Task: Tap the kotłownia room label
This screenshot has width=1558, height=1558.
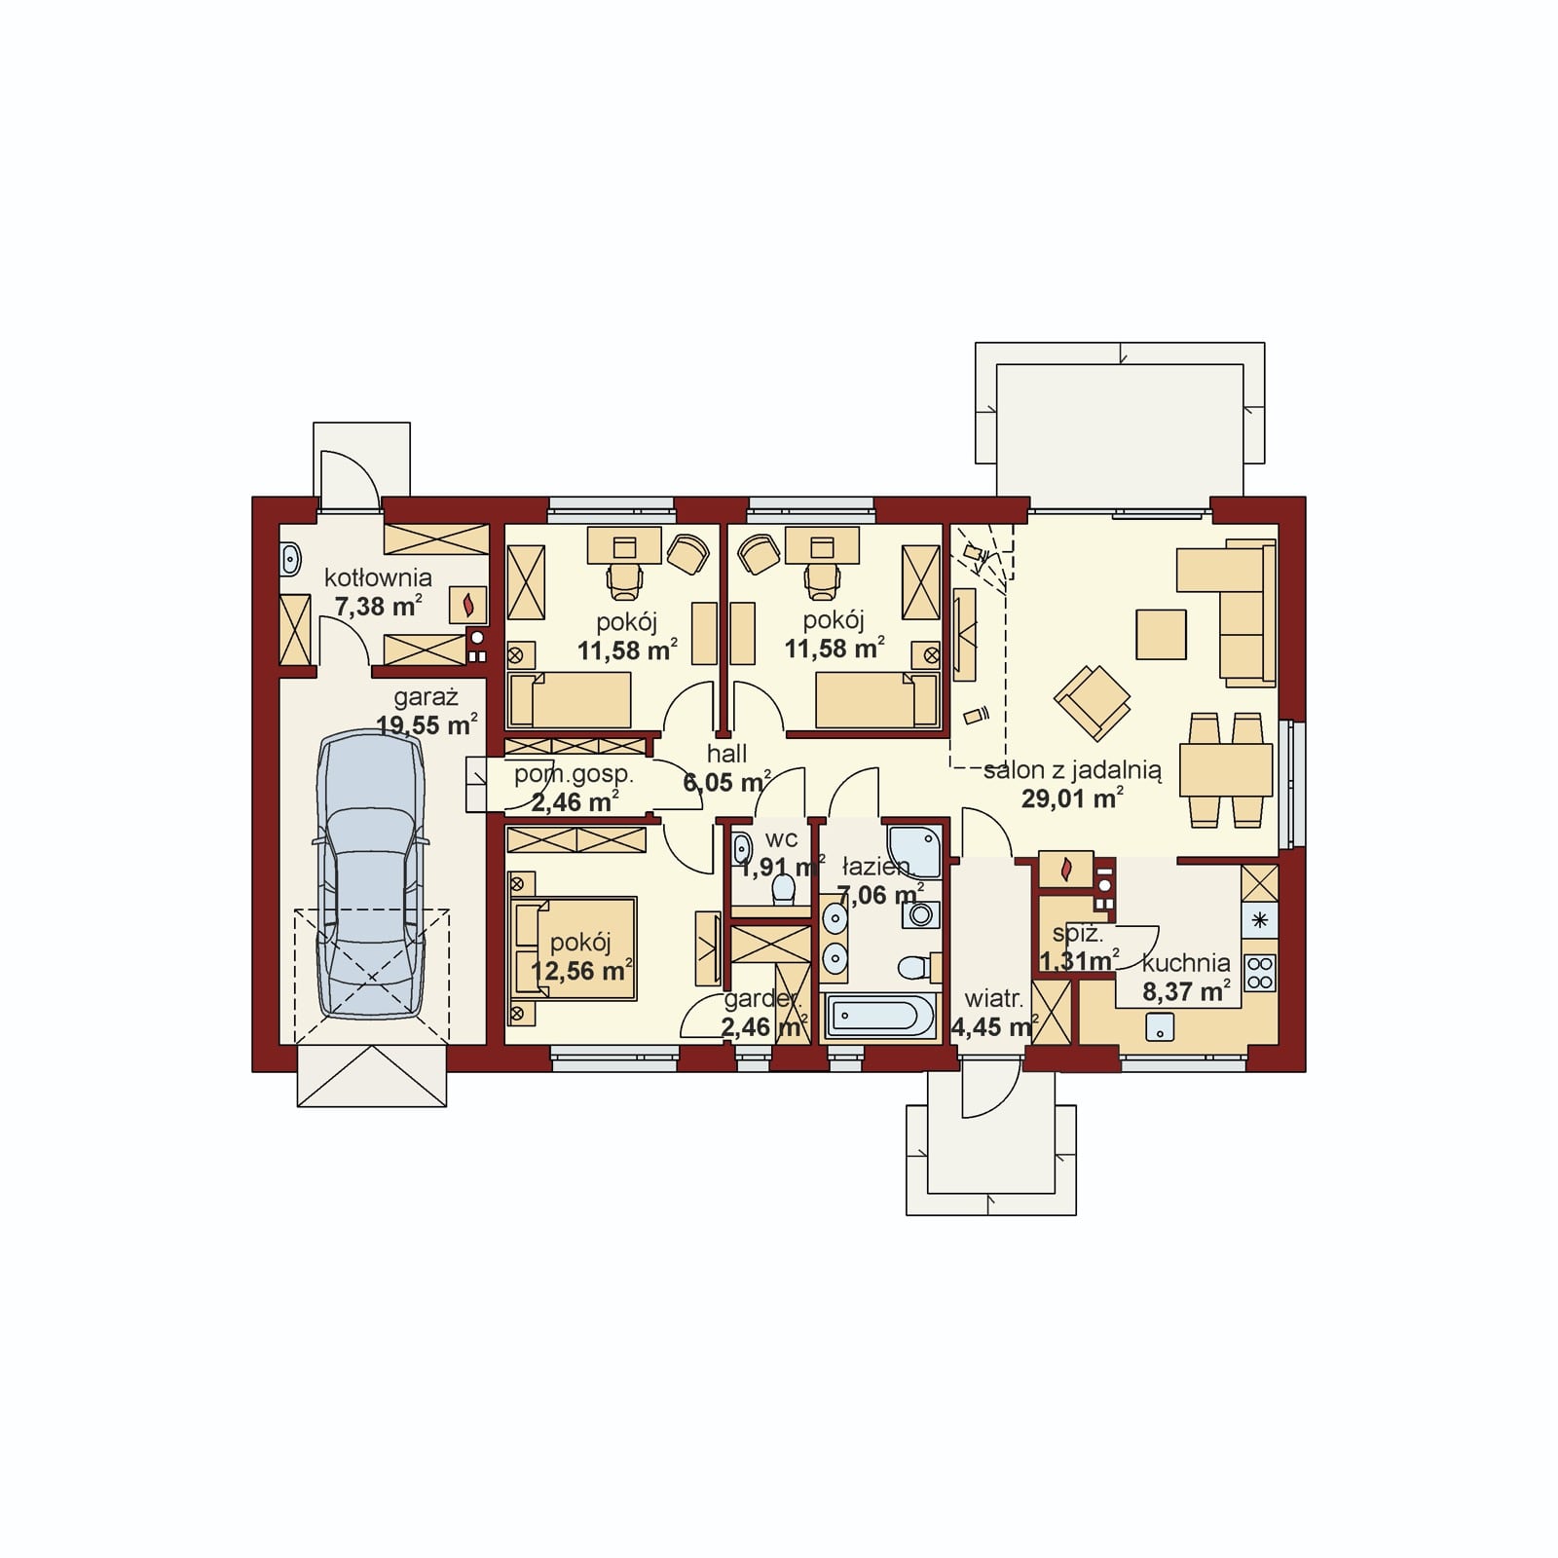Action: point(378,576)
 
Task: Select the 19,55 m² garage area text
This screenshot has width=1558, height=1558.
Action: point(427,725)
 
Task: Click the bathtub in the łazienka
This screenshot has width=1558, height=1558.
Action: point(880,1018)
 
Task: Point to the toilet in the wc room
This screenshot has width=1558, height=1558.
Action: point(781,888)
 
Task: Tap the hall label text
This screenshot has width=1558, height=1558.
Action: point(727,754)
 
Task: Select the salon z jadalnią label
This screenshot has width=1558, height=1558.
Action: point(1072,770)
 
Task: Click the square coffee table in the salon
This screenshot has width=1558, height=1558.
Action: point(1161,635)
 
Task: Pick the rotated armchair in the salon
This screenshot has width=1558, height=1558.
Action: point(1092,702)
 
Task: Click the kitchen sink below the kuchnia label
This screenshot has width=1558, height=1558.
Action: point(1160,1025)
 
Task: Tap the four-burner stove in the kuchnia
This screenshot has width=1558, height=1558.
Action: point(1260,972)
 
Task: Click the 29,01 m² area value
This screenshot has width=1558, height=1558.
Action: point(1072,799)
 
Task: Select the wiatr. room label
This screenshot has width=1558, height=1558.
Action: point(993,999)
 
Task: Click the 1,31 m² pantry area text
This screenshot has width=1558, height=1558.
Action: point(1079,961)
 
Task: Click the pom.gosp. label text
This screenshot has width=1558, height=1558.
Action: point(574,775)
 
